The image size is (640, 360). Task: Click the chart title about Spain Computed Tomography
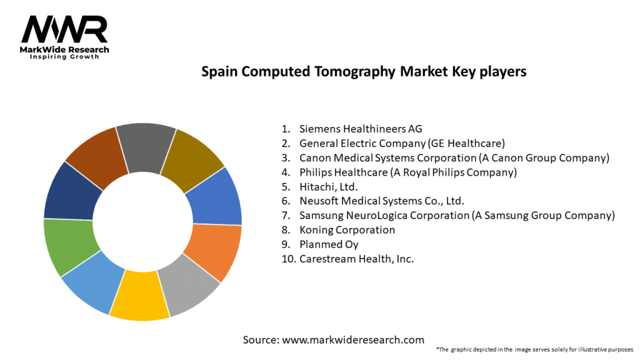pos(364,72)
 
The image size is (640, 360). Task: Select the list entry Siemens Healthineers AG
pos(361,129)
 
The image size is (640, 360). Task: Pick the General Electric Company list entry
pos(402,144)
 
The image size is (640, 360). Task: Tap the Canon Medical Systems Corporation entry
pos(454,158)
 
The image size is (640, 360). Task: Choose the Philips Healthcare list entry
pos(408,172)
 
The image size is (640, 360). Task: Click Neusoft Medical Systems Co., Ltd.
pos(381,201)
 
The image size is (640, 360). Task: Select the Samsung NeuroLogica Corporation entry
pos(457,216)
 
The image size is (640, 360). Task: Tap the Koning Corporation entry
pos(347,230)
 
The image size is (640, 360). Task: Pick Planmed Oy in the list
pos(329,244)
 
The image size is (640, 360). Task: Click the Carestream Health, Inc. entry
pos(356,259)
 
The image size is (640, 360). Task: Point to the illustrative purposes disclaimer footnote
pos(534,349)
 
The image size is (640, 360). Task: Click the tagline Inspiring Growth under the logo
pos(64,57)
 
